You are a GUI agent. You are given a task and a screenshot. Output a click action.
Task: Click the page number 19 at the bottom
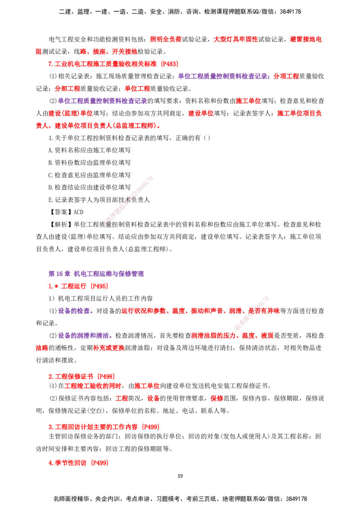(x=180, y=476)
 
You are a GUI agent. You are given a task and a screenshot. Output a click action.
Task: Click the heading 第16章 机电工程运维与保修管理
(x=96, y=274)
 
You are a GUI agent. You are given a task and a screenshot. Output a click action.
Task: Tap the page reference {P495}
(x=99, y=286)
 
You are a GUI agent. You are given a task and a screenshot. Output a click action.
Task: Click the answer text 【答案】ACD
(x=66, y=212)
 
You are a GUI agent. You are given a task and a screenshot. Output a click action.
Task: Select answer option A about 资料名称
(x=90, y=150)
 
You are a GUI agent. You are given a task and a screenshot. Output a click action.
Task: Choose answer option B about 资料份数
(x=90, y=163)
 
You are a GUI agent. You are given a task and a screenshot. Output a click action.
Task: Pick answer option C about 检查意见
(x=90, y=175)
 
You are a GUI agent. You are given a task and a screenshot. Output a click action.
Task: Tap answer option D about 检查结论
(x=90, y=188)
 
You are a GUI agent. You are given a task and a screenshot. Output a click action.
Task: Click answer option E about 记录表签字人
(x=99, y=200)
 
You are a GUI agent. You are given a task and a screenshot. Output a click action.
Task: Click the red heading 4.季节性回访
(x=67, y=463)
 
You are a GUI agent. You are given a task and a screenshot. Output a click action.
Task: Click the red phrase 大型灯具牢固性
(x=235, y=39)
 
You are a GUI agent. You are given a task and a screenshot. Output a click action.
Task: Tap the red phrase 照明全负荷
(x=166, y=39)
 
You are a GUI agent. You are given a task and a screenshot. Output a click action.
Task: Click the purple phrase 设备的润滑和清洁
(x=85, y=335)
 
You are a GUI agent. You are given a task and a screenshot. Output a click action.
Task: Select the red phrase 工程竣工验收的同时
(x=93, y=386)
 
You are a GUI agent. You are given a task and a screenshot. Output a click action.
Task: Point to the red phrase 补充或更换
(x=109, y=348)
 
